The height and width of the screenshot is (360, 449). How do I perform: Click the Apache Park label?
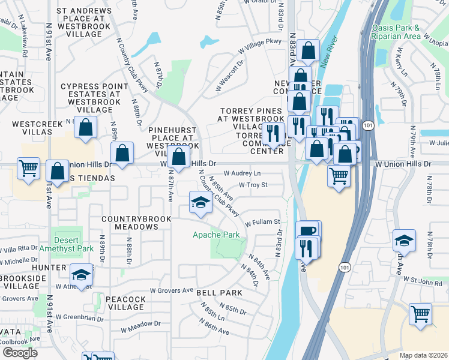coord(215,235)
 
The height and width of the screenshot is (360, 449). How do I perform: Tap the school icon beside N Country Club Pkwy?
coord(200,202)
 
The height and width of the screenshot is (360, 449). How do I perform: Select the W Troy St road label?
coord(253,185)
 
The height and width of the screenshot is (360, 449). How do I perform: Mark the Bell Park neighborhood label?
coord(219,293)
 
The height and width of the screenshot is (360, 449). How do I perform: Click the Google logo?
coord(20,353)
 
